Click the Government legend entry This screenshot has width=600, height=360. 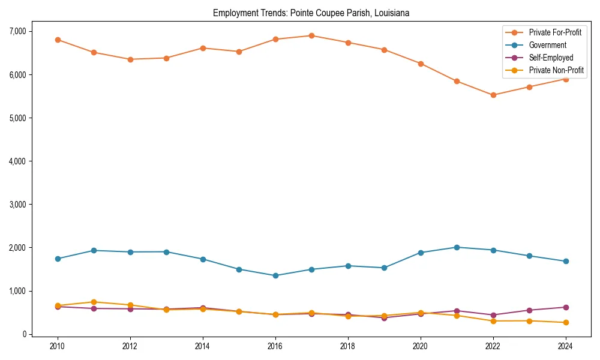pyautogui.click(x=547, y=45)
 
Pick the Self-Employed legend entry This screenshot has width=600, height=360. pyautogui.click(x=551, y=58)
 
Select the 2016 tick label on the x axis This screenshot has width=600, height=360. pyautogui.click(x=275, y=346)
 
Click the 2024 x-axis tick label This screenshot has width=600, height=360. pyautogui.click(x=565, y=346)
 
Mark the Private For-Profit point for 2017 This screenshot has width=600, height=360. pyautogui.click(x=311, y=35)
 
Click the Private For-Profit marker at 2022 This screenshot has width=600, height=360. pyautogui.click(x=493, y=95)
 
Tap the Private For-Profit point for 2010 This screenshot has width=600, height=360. pyautogui.click(x=58, y=40)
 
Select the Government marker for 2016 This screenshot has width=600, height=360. pyautogui.click(x=275, y=275)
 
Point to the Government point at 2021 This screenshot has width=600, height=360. pyautogui.click(x=457, y=247)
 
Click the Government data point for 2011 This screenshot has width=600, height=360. pyautogui.click(x=94, y=250)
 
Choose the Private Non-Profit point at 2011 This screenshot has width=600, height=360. pyautogui.click(x=94, y=302)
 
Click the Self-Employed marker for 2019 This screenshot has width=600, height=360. pyautogui.click(x=384, y=317)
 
